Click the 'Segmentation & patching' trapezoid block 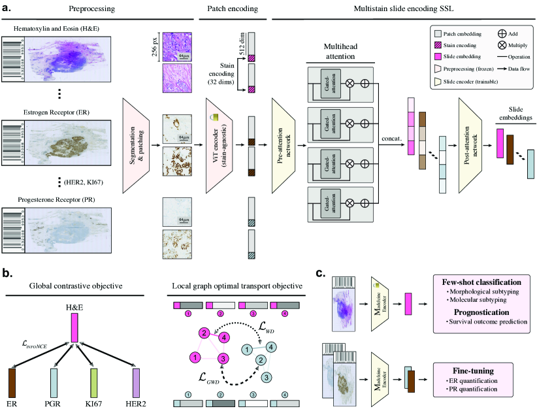pos(142,144)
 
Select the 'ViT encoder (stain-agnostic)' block pos(223,144)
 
